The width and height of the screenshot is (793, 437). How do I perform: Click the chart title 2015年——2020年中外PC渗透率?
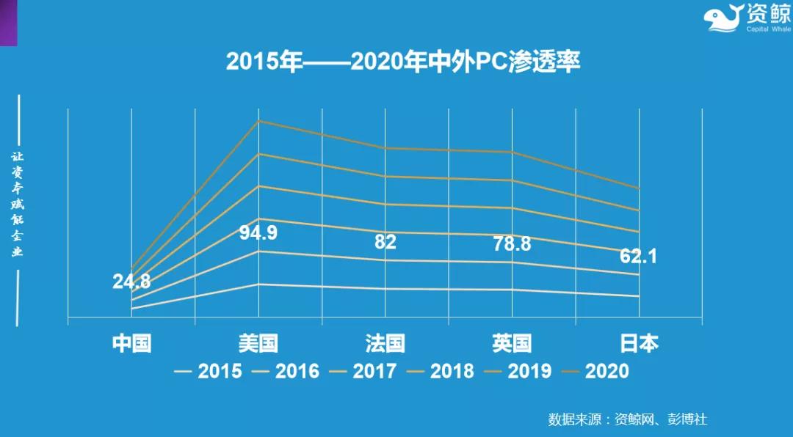(x=403, y=62)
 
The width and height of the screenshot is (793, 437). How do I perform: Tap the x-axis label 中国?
(x=131, y=343)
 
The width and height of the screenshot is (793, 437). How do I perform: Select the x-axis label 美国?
(x=258, y=343)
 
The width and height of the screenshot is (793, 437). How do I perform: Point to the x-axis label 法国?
(x=385, y=343)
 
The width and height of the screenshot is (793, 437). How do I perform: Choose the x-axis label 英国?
(x=512, y=343)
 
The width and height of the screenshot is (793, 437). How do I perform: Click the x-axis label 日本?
(x=639, y=343)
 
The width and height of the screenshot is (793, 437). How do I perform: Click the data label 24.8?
(x=131, y=281)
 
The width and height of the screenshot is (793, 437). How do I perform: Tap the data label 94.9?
(x=258, y=234)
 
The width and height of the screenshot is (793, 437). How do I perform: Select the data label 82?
(x=385, y=243)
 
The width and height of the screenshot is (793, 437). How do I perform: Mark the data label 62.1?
(x=638, y=257)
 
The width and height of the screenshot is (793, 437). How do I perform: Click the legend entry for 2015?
(x=209, y=372)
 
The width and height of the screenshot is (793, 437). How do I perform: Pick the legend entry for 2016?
(x=286, y=372)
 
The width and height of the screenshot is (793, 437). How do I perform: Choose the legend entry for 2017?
(x=364, y=372)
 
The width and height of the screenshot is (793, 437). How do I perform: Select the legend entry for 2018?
(x=441, y=372)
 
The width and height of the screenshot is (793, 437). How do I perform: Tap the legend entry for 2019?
(x=519, y=372)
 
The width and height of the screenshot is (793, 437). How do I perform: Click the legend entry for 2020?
(x=596, y=372)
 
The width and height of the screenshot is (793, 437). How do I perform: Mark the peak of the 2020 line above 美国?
(x=258, y=121)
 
